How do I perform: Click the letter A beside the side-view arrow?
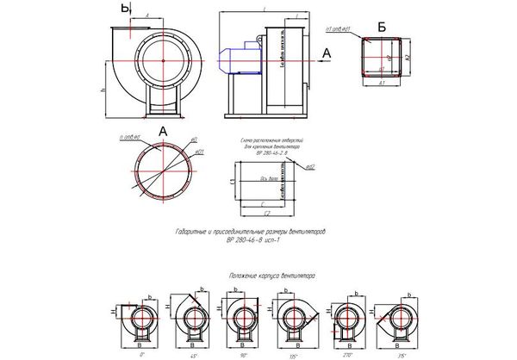coord(326,53)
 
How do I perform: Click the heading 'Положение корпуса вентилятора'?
coord(271,277)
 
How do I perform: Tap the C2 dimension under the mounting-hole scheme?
coord(268,213)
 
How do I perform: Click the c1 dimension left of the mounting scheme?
coord(235,182)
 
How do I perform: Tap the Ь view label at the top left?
coord(126,9)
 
